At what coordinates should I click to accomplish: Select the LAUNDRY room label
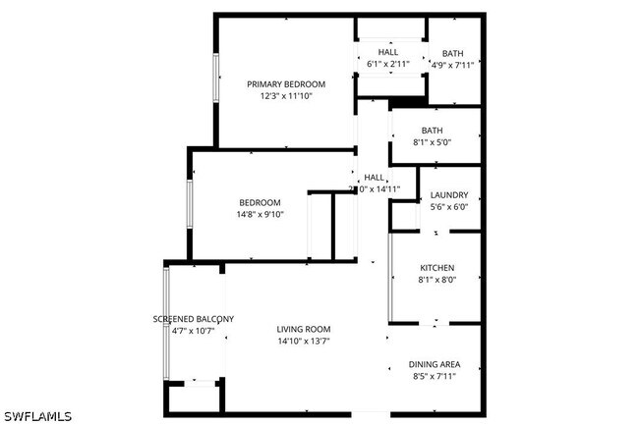coord(449,194)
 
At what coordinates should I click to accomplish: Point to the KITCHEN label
coord(436,268)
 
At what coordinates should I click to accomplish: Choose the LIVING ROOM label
coord(303,329)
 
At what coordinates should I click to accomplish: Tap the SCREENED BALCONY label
coord(193,319)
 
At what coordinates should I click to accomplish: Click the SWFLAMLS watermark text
coord(37,415)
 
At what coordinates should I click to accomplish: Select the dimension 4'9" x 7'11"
coord(453,66)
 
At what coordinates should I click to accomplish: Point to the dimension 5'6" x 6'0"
coord(449,206)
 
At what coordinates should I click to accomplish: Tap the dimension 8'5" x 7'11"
coord(434,375)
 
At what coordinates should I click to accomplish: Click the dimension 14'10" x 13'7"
coord(303,341)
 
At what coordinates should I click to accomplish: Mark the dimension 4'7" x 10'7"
coord(193,331)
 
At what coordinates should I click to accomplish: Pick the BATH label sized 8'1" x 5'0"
coord(433,131)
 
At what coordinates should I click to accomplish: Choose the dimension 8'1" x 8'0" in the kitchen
coord(436,280)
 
